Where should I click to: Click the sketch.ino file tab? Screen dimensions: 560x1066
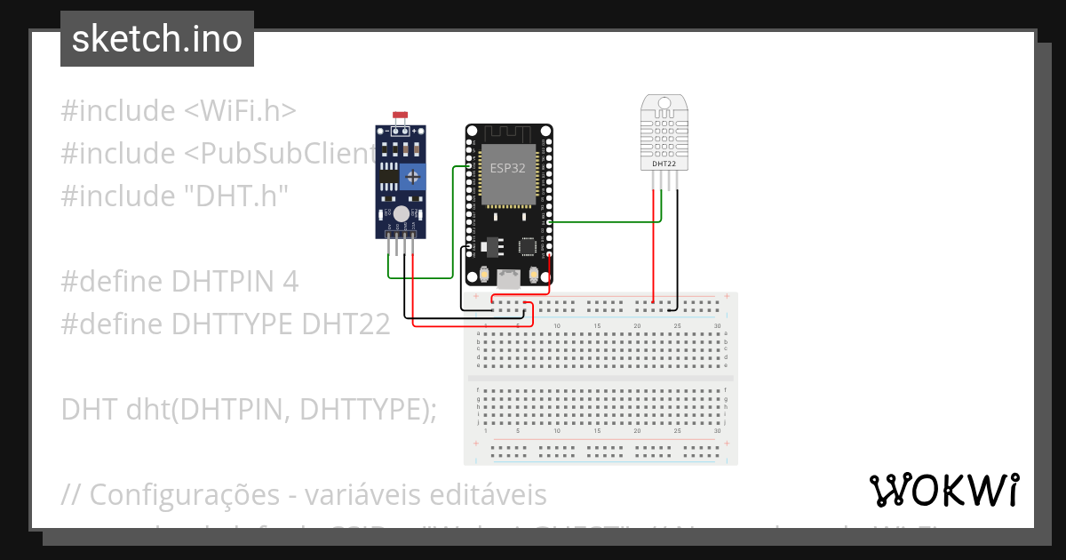157,39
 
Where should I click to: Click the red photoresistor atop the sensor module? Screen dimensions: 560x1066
400,115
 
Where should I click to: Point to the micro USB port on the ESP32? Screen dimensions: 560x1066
509,279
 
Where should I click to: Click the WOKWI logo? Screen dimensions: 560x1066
943,490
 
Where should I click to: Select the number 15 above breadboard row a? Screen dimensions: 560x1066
597,327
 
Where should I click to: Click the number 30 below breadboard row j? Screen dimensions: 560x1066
718,431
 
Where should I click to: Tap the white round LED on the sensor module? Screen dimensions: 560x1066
402,213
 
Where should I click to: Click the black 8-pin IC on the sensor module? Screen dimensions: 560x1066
389,176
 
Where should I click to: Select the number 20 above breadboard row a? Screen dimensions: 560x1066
637,327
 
